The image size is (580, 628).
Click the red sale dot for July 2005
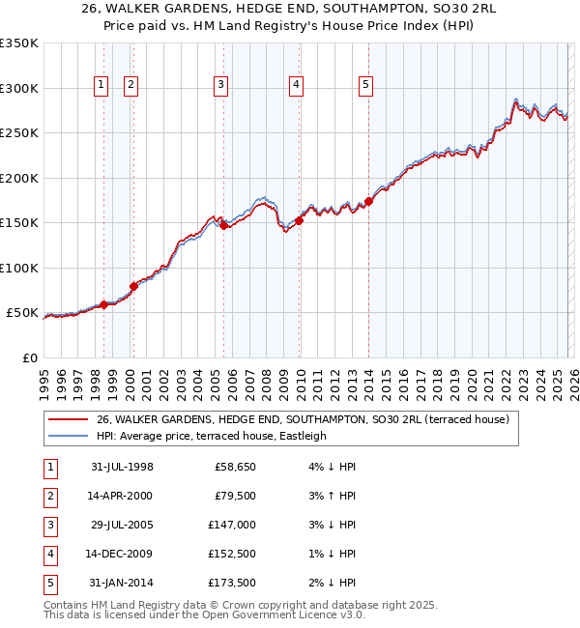coord(224,226)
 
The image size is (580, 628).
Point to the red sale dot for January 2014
coord(369,202)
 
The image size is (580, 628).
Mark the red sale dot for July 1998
coord(103,305)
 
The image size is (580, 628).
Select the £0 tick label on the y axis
coord(29,357)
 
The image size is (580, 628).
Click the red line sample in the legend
coord(68,419)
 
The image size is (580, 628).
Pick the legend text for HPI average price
coord(212,436)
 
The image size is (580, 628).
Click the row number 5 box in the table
coord(48,583)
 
